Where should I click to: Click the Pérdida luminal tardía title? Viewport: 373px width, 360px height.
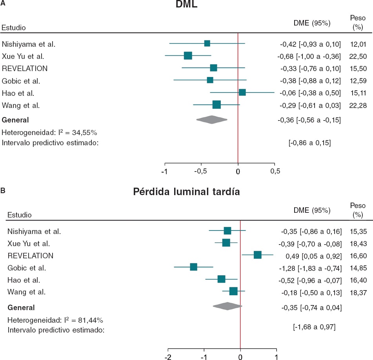[x=187, y=192]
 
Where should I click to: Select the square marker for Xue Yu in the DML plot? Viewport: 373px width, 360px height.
[x=188, y=56]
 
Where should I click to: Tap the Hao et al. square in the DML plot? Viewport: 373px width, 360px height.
[x=242, y=92]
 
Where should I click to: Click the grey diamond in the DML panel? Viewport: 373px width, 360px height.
[x=212, y=120]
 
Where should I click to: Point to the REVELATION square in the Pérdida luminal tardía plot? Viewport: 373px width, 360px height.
[x=257, y=255]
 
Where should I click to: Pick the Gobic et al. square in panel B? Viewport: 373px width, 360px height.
[x=193, y=267]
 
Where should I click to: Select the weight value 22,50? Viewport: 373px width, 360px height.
[x=357, y=56]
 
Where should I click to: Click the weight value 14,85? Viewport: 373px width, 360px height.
[x=357, y=268]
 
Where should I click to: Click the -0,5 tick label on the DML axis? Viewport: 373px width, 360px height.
[x=201, y=172]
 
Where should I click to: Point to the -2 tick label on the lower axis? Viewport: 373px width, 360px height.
[x=168, y=358]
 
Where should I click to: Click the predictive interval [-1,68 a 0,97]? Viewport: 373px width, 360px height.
[x=314, y=326]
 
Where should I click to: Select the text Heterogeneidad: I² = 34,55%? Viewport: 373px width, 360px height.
[x=49, y=132]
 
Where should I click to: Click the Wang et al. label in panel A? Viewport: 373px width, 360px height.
[x=21, y=105]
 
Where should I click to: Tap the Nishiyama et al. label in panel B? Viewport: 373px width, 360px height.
[x=34, y=232]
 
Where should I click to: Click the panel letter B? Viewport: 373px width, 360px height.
[x=3, y=190]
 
